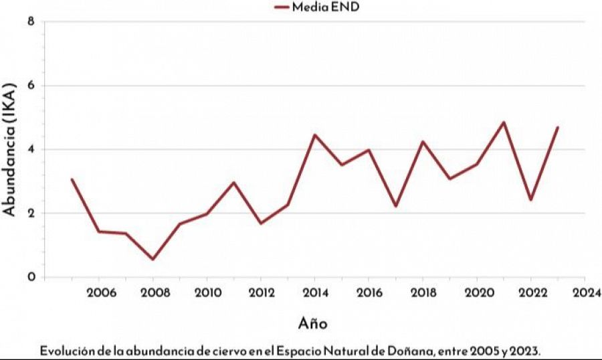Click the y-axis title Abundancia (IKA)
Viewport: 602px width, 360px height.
click(x=9, y=149)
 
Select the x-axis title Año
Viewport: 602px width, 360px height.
click(x=312, y=324)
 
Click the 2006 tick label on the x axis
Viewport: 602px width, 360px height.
click(x=99, y=292)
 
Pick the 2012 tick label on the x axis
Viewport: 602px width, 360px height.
click(x=261, y=292)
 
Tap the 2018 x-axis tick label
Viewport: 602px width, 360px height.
click(x=423, y=292)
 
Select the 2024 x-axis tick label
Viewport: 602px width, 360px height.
click(x=585, y=292)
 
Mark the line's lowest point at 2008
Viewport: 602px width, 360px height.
click(x=153, y=259)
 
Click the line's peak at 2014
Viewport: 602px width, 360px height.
click(x=314, y=135)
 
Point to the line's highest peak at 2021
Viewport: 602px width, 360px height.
click(x=504, y=122)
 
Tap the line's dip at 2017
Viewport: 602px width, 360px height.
click(x=395, y=205)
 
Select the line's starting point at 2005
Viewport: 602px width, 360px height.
click(x=72, y=179)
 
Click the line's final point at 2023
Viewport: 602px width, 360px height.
click(x=557, y=127)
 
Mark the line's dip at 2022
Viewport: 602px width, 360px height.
click(x=530, y=199)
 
